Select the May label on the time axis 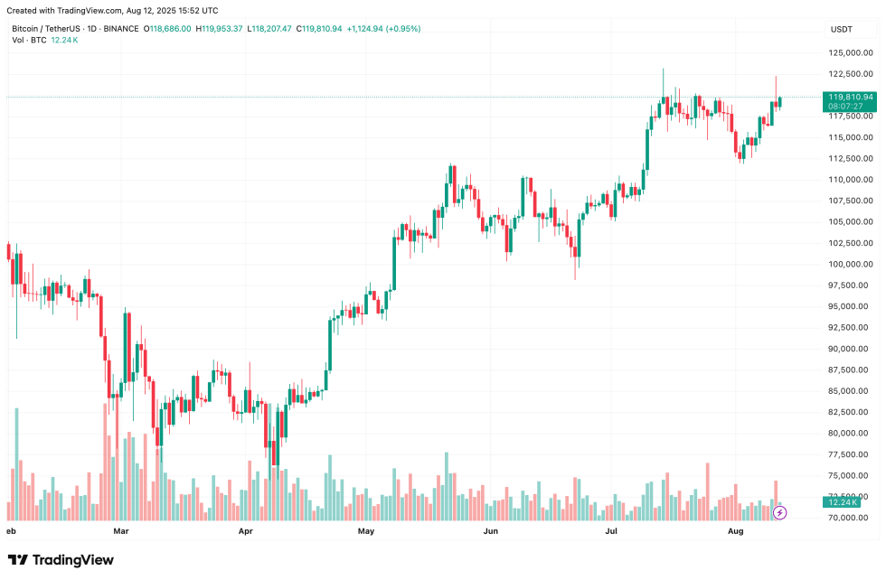(366, 532)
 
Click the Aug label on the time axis (736, 532)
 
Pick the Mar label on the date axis (120, 532)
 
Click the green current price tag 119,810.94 (850, 97)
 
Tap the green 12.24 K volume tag (848, 500)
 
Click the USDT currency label (842, 29)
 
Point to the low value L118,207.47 (270, 29)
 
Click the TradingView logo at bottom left (61, 560)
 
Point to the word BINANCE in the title (121, 29)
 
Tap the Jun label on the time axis (491, 532)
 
